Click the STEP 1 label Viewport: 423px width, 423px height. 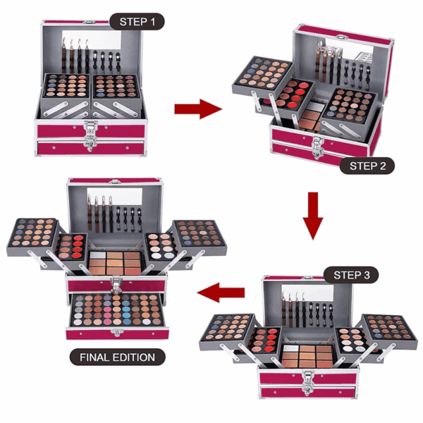point(137,22)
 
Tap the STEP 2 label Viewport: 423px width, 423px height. point(367,166)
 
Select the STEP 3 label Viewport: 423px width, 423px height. point(351,275)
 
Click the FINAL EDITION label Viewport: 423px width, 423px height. point(117,357)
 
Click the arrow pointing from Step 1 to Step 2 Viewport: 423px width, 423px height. point(198,109)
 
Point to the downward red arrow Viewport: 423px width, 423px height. point(313,216)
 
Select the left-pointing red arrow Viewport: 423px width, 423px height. point(221,293)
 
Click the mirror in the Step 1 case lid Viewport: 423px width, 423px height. point(92,40)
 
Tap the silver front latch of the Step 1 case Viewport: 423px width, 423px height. point(91,135)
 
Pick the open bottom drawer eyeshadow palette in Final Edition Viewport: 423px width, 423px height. point(117,309)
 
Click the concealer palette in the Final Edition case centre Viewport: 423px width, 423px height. point(115,263)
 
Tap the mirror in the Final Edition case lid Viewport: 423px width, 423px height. point(115,196)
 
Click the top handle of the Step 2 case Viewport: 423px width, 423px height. point(341,37)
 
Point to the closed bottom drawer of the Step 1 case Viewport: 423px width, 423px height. point(91,148)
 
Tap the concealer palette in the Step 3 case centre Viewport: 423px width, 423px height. point(307,356)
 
